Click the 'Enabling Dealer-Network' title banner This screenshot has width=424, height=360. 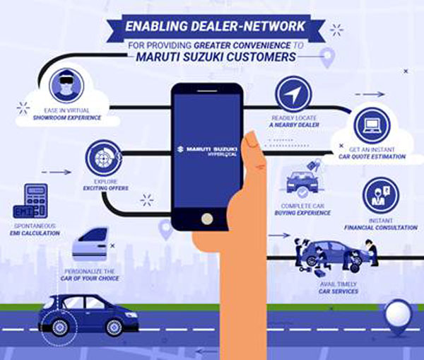[x=211, y=27]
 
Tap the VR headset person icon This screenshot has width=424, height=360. [x=67, y=85]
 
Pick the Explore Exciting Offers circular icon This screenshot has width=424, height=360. [x=102, y=156]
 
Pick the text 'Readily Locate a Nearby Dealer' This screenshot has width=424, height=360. [x=295, y=121]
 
